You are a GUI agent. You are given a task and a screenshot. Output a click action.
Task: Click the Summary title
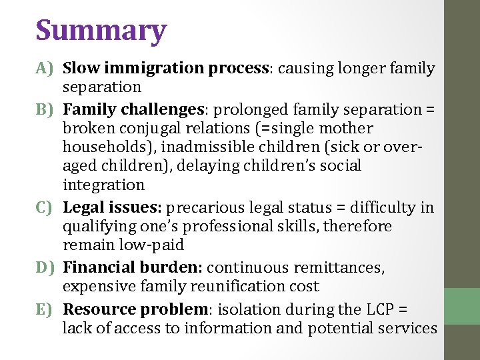(x=101, y=31)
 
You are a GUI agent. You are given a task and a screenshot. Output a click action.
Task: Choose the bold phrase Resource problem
(x=135, y=309)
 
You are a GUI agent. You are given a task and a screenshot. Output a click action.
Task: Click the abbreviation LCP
(x=381, y=309)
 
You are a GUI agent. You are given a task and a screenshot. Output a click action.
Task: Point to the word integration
(x=103, y=185)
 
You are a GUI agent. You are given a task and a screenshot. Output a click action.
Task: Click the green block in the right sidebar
(x=462, y=306)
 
